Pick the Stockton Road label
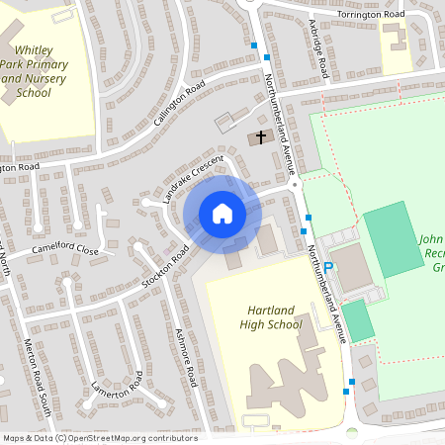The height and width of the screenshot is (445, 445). [x=165, y=266]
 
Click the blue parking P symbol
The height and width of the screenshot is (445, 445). [x=328, y=239]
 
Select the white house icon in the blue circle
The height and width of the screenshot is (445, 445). [x=222, y=214]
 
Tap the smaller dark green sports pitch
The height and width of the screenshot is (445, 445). [x=358, y=321]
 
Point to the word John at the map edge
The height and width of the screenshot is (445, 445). [x=432, y=239]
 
